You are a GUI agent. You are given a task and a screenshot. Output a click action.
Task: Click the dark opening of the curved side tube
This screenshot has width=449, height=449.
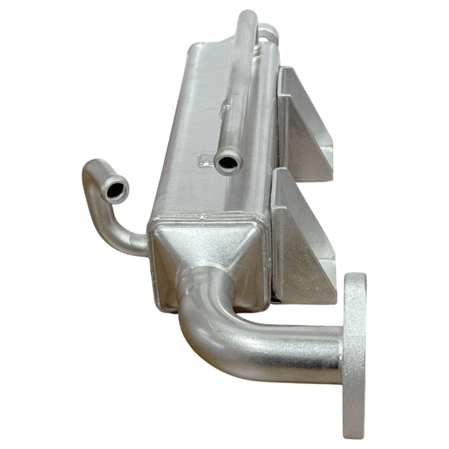point(116,190)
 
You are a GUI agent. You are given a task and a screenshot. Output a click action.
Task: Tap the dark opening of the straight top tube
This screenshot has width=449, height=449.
point(227,162)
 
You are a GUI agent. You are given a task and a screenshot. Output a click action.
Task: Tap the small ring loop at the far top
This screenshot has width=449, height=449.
point(268,32)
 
